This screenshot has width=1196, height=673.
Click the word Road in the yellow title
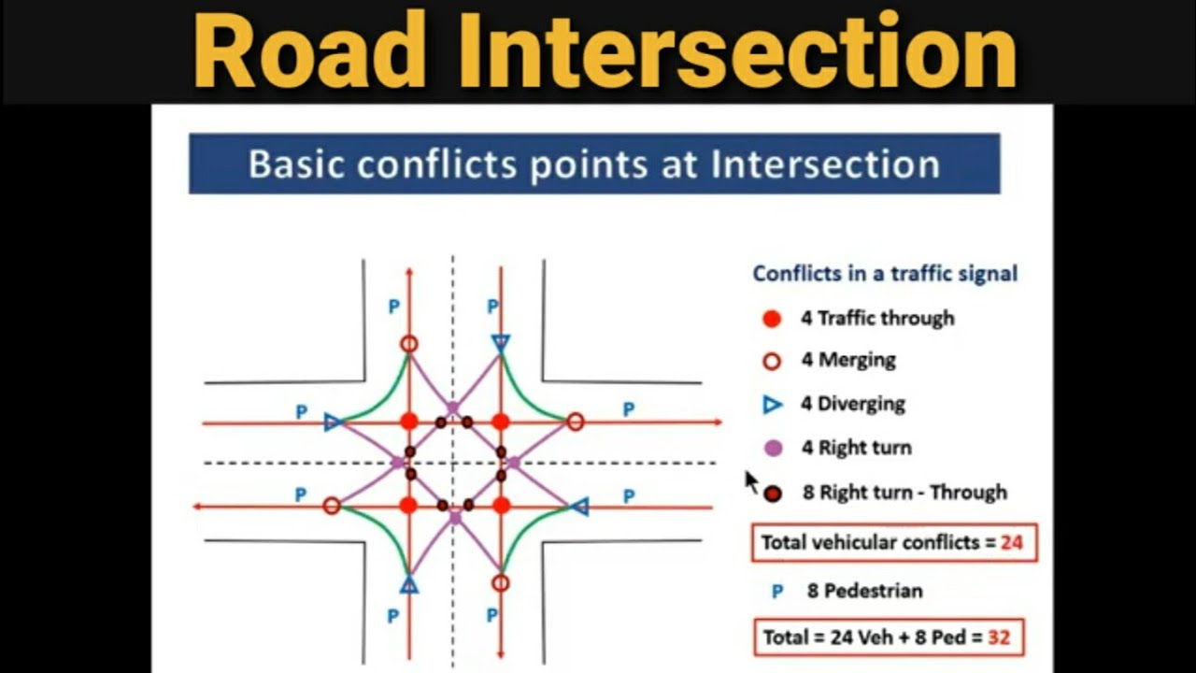pos(309,50)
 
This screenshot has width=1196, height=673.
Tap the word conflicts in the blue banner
pos(436,164)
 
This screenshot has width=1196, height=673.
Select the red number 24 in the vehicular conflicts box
pos(1011,543)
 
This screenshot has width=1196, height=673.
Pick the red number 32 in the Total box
pos(999,637)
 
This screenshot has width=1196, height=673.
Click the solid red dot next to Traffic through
pos(772,319)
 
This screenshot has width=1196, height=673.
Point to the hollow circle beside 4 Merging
pos(772,362)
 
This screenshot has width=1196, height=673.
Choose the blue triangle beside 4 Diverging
pos(772,405)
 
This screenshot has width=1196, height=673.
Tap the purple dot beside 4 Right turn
pos(774,448)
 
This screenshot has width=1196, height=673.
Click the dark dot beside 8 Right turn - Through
pos(773,494)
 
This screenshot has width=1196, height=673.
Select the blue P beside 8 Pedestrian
pos(777,592)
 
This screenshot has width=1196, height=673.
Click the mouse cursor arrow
pos(751,482)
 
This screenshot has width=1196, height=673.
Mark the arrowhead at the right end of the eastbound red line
pos(719,422)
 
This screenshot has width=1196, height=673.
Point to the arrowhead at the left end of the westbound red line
pos(197,506)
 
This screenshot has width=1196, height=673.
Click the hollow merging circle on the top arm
pos(409,344)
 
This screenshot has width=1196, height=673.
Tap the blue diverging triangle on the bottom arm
pos(409,585)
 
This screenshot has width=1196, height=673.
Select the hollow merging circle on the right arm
pos(575,422)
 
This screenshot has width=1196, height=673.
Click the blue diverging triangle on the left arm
pos(333,423)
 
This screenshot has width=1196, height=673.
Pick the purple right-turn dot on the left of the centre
pos(397,463)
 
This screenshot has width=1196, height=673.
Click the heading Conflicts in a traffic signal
pos(885,274)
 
